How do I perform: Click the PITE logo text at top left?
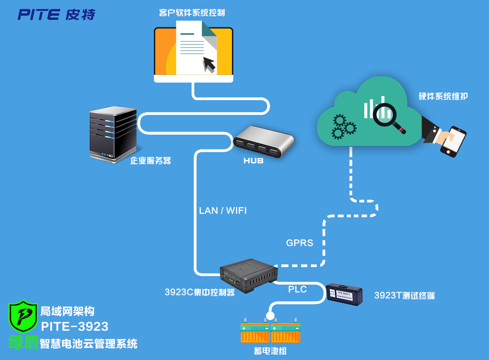56,14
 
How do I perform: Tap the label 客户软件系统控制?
192,13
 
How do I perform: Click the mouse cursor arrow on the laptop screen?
209,64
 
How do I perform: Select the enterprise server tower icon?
113,133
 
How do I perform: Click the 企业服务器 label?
151,161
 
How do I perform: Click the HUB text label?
253,161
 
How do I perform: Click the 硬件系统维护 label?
443,96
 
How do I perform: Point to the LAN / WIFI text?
223,211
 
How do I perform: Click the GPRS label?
300,243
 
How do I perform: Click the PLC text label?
297,290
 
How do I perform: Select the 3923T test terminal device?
345,294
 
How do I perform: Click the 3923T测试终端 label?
404,295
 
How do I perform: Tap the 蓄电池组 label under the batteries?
270,351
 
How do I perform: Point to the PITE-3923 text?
75,326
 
